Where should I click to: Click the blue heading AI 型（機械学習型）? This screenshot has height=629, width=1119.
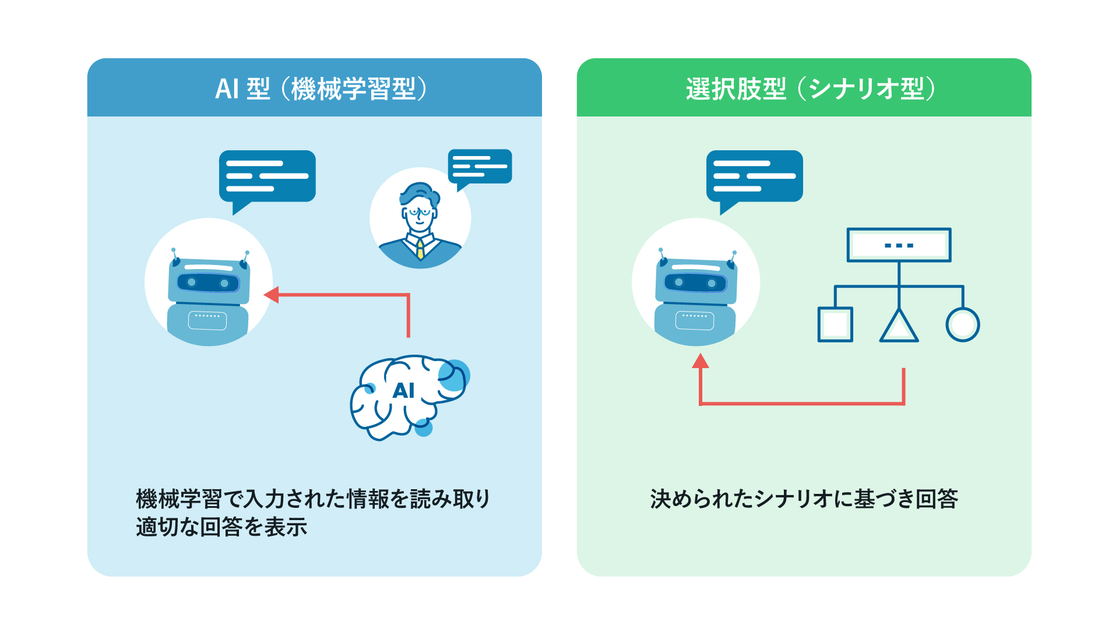coord(321,89)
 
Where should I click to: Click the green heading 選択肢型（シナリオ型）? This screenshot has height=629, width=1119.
coord(810,89)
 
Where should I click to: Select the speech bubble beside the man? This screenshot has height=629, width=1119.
coord(480,167)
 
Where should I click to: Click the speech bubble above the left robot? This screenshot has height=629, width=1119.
coord(267,176)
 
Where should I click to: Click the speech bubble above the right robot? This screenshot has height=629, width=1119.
coord(754,176)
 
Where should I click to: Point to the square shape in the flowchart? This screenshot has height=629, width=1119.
coord(835,324)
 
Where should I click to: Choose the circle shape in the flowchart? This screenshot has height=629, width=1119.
coord(962,324)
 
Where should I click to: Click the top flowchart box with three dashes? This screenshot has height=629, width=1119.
coord(899,245)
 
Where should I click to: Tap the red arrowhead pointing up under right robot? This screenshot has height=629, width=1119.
coord(701,361)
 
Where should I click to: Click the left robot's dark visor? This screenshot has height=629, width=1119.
coord(208,283)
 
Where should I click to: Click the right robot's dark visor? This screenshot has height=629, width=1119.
coord(695,283)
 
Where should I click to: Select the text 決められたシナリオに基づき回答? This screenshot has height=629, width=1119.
coord(804,499)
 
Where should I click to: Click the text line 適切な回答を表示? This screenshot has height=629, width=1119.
coord(221,527)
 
